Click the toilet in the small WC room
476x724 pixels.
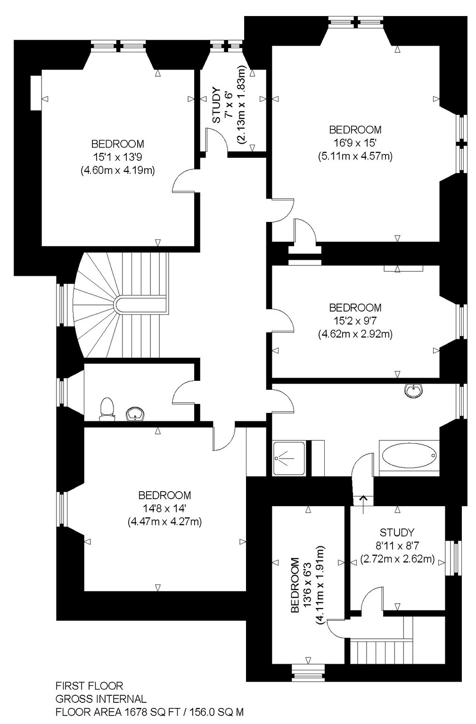click(107, 409)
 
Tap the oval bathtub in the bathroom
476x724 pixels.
click(409, 455)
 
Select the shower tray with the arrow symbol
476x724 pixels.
click(288, 458)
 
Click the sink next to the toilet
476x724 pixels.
click(135, 414)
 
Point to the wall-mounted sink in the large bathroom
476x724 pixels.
click(413, 390)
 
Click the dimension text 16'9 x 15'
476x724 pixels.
click(355, 142)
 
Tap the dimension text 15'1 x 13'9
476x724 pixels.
click(118, 157)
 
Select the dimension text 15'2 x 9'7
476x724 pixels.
click(355, 321)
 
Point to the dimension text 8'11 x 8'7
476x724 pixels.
click(397, 545)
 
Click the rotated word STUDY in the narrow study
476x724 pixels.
click(216, 105)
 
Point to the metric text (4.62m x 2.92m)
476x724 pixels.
click(355, 334)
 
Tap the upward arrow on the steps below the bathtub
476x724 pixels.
click(363, 504)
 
